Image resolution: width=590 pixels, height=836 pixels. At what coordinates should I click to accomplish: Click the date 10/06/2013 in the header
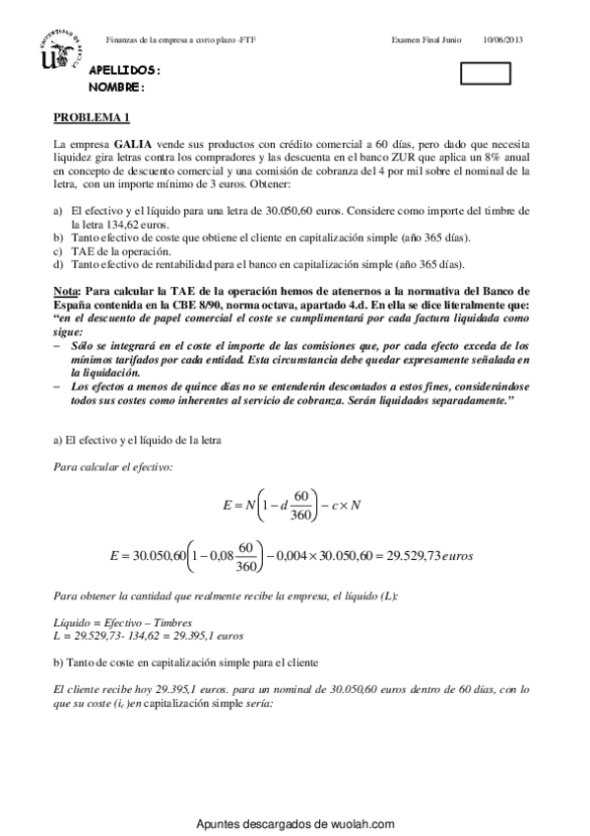click(x=503, y=39)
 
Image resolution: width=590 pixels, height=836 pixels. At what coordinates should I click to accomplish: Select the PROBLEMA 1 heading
click(x=92, y=117)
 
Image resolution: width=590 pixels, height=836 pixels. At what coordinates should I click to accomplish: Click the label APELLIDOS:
click(x=124, y=72)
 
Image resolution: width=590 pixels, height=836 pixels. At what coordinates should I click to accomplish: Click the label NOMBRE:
click(x=116, y=87)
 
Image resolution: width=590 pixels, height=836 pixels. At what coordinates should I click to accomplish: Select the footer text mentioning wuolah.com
click(x=295, y=824)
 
